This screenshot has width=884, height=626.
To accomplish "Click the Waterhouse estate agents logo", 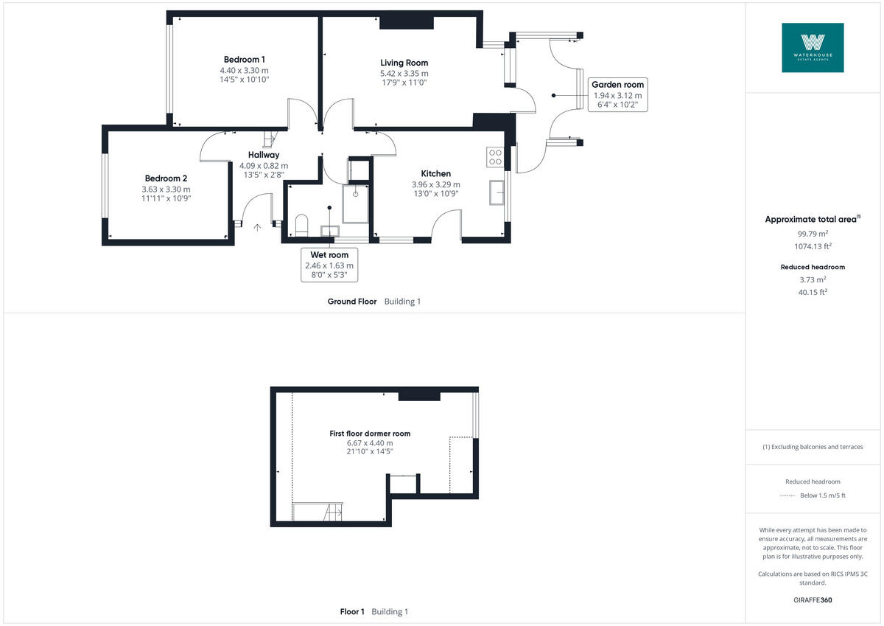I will [x=813, y=47].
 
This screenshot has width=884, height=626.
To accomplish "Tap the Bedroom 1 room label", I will [x=244, y=60].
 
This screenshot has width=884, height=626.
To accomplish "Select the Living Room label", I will [x=404, y=63].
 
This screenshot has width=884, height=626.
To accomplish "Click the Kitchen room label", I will [x=435, y=174].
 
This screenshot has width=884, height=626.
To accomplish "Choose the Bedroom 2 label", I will [x=166, y=178].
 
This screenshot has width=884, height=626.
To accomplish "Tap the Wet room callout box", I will [x=329, y=265].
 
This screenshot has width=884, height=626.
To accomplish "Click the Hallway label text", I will [x=263, y=155].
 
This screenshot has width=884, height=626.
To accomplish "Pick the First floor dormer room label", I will [x=370, y=434].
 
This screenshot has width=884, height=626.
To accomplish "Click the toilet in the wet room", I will [x=301, y=223].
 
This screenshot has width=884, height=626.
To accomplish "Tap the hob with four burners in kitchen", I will [x=494, y=156].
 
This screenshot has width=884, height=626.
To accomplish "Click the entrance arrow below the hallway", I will [x=257, y=228].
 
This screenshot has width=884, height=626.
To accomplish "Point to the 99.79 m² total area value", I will [x=813, y=233].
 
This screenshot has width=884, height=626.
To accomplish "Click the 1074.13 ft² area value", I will [x=813, y=247].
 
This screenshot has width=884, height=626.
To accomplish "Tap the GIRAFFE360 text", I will [x=813, y=600].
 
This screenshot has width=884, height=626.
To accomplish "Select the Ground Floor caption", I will [x=352, y=302].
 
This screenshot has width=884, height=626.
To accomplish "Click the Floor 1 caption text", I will [x=352, y=612].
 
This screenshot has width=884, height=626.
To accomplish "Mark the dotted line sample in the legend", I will [x=787, y=495].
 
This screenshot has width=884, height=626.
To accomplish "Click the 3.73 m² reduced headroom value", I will [x=813, y=279].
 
